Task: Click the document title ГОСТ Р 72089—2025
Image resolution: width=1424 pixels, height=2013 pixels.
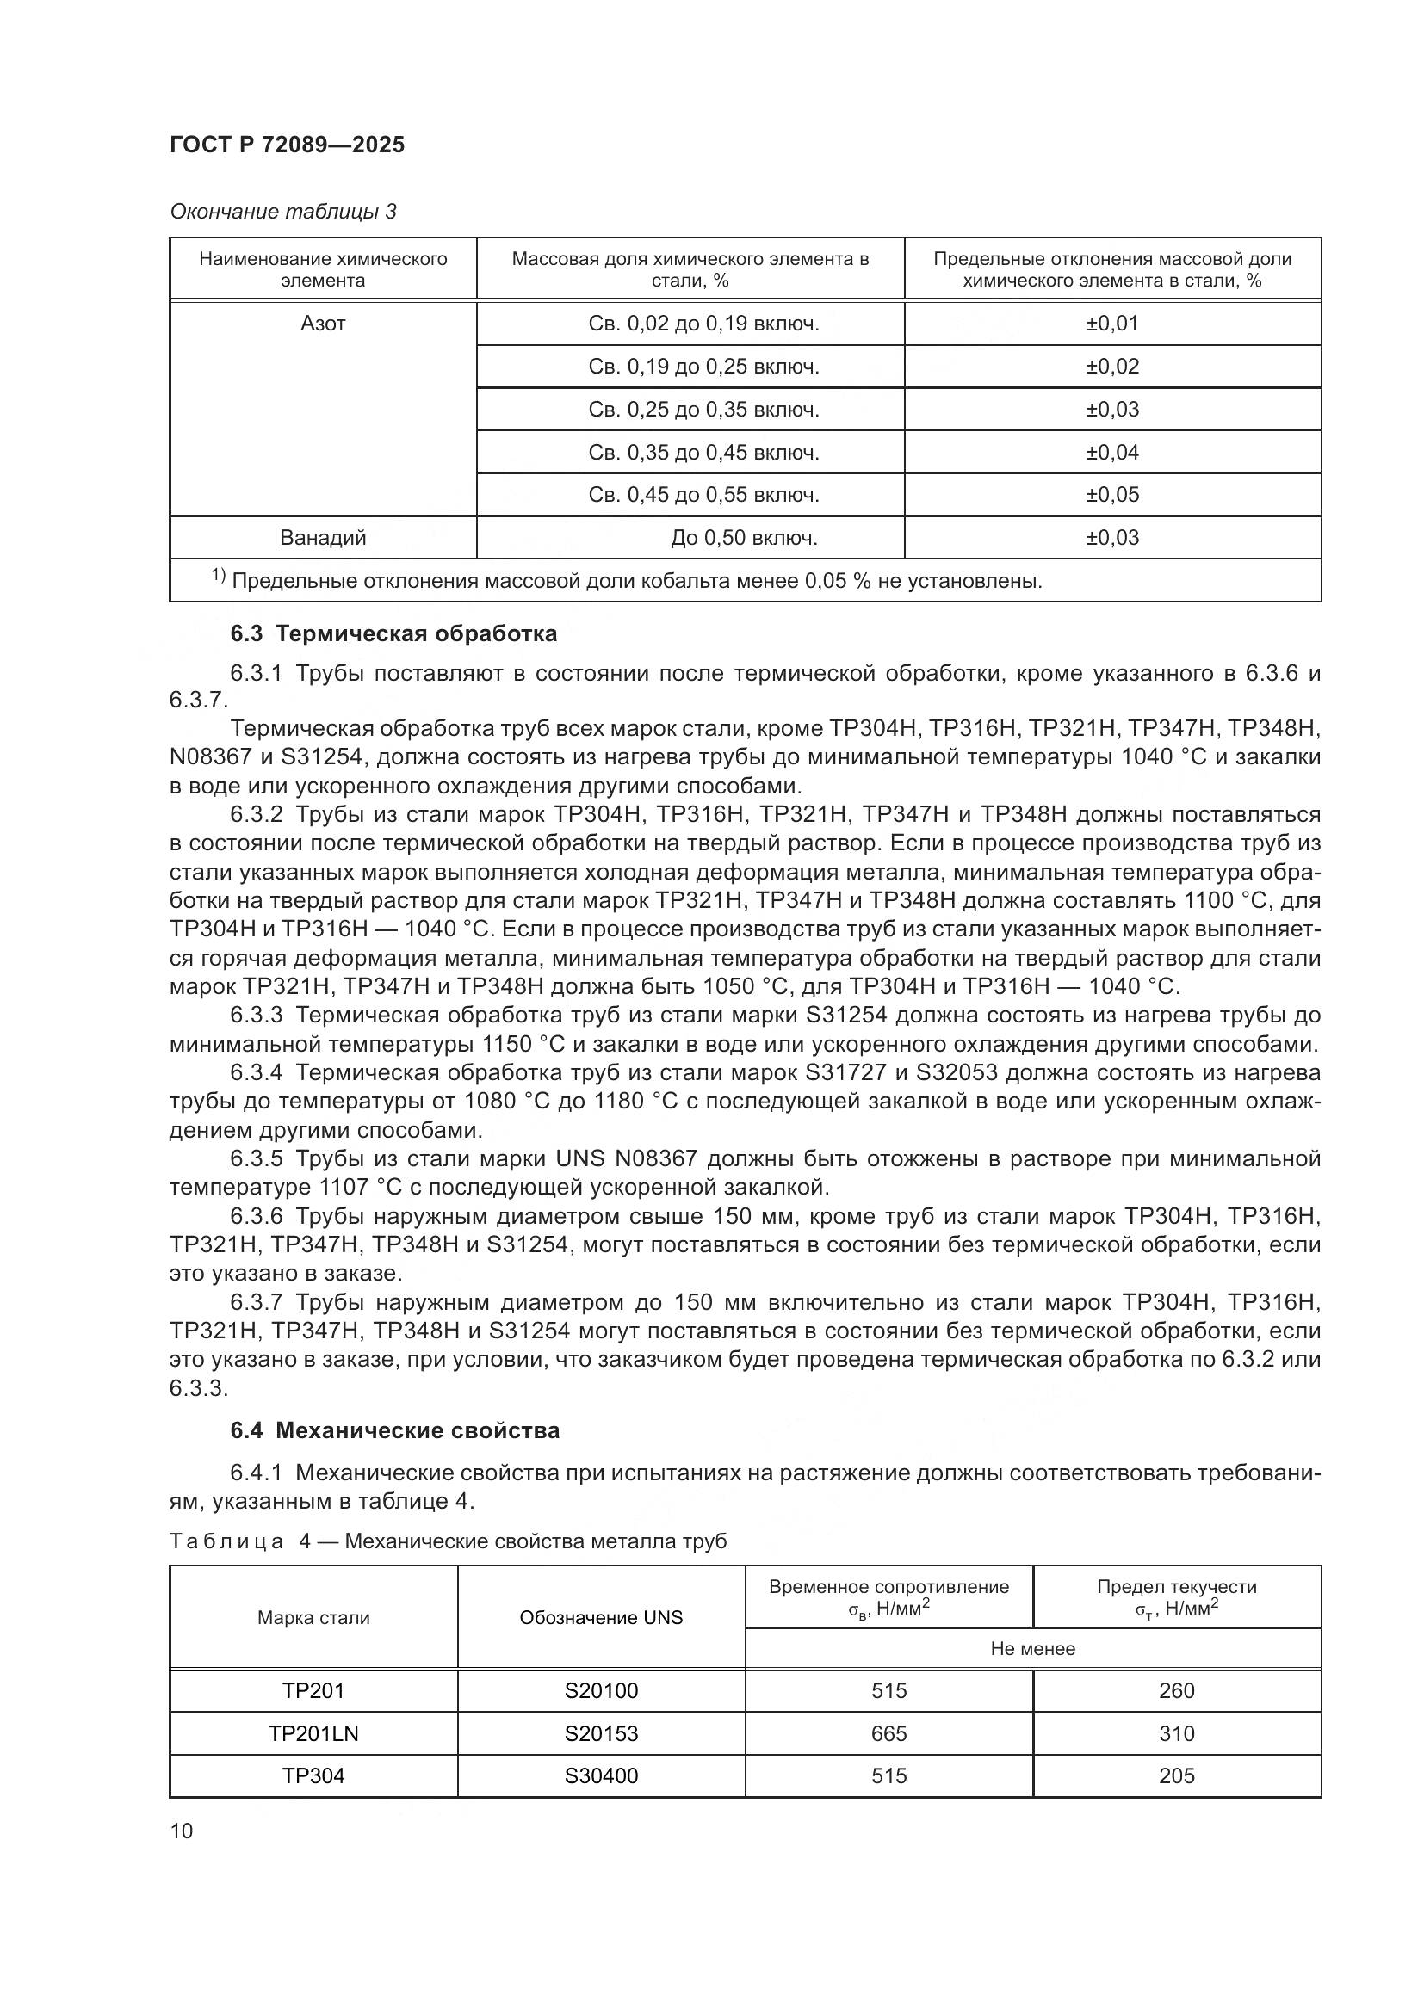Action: (x=287, y=145)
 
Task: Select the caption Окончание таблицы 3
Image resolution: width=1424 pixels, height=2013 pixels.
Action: (x=282, y=213)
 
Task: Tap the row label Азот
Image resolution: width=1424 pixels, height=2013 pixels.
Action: (x=323, y=324)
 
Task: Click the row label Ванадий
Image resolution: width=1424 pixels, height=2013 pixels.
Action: (x=323, y=538)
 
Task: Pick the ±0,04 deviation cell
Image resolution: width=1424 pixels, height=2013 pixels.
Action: (x=1111, y=454)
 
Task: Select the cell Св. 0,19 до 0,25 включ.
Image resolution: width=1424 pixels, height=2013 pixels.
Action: (x=703, y=367)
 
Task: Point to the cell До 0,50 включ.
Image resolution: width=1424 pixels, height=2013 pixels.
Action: (x=744, y=538)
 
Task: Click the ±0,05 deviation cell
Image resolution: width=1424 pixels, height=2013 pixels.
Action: (x=1111, y=496)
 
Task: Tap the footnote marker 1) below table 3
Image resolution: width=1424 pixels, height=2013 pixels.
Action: (x=219, y=577)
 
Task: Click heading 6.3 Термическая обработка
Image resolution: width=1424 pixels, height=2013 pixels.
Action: (x=393, y=634)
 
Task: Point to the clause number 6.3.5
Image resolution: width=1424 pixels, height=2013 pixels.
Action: (x=256, y=1160)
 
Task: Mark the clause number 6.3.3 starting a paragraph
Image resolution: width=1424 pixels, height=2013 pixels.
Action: (x=256, y=1016)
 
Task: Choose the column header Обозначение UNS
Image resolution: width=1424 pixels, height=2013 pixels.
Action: (x=601, y=1618)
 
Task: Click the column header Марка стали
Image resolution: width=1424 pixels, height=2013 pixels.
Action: (x=313, y=1618)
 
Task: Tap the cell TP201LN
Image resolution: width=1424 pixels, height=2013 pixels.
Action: (x=313, y=1734)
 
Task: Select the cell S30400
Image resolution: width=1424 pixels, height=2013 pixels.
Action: (x=601, y=1776)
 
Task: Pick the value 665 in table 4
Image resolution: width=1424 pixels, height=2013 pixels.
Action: (x=888, y=1734)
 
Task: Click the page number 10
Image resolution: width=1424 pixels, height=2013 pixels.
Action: (x=182, y=1831)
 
